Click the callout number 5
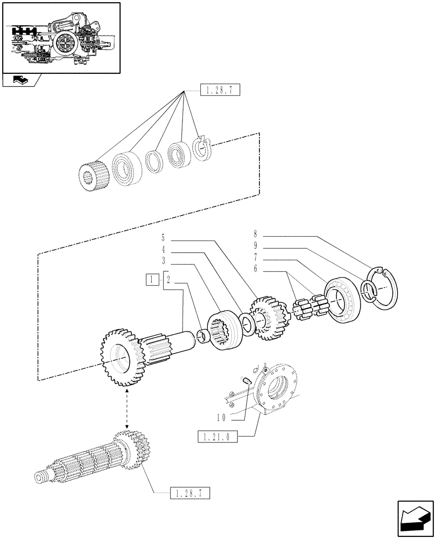pos(162,237)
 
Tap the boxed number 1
pos(153,279)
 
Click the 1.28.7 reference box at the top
pos(219,90)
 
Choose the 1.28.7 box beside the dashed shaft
pos(189,492)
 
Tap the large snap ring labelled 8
pos(385,289)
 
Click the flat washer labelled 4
pos(248,326)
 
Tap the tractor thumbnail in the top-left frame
pos(61,38)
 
